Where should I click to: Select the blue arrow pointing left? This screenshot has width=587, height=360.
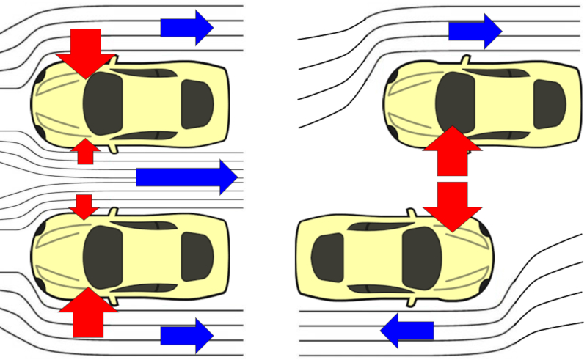pyautogui.click(x=406, y=331)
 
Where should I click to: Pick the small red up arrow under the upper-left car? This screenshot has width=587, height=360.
pyautogui.click(x=86, y=151)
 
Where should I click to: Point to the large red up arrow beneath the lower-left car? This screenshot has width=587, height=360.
pyautogui.click(x=88, y=311)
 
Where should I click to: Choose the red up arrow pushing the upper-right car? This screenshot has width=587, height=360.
pyautogui.click(x=453, y=151)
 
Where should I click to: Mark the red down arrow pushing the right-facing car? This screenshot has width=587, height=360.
pyautogui.click(x=453, y=206)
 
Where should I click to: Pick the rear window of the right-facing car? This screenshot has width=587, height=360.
pyautogui.click(x=327, y=257)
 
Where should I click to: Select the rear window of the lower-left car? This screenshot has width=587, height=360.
pyautogui.click(x=197, y=257)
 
